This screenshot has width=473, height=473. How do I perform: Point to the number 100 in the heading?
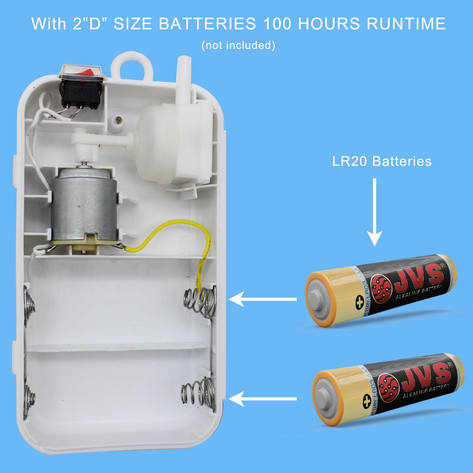tap(277, 24)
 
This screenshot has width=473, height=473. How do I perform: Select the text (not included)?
tap(238, 45)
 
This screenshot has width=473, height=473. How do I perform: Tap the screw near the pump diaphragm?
tap(119, 120)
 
